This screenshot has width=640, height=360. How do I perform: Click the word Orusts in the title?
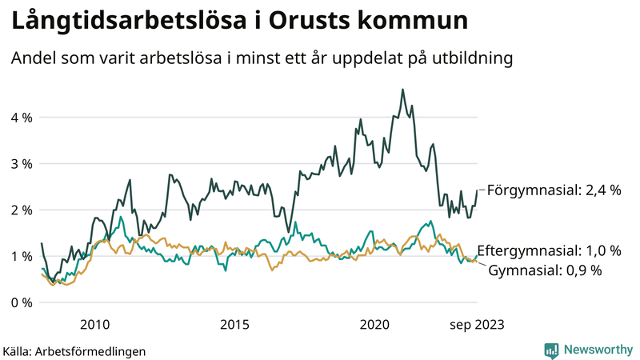click(x=286, y=22)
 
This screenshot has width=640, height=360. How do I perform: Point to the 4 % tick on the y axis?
click(x=21, y=118)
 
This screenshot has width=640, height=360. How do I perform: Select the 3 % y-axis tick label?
click(x=21, y=164)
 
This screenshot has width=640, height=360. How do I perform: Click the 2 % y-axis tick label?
click(x=21, y=210)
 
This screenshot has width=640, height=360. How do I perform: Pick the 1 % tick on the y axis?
click(x=21, y=257)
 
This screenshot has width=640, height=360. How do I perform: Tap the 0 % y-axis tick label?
click(x=21, y=303)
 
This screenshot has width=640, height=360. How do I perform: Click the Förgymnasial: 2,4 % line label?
click(x=554, y=190)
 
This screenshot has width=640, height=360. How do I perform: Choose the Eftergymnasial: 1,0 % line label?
click(x=549, y=250)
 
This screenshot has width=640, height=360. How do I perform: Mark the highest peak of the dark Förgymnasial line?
click(x=402, y=90)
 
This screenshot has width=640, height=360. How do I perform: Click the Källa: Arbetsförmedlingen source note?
click(x=74, y=351)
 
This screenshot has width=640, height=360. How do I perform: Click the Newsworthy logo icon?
click(x=551, y=350)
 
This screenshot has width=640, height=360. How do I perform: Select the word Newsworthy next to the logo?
click(x=597, y=350)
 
